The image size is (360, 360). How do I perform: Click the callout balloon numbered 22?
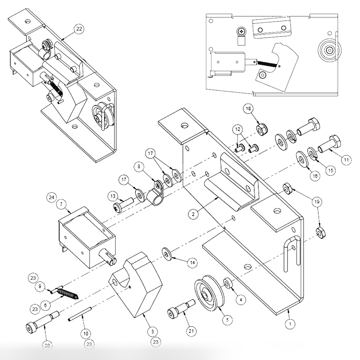click(x=79, y=29)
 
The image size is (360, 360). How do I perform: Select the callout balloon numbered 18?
click(x=248, y=108)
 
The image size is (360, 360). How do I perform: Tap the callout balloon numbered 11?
click(x=347, y=160)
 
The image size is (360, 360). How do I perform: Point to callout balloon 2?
click(x=193, y=214)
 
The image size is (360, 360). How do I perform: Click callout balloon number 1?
click(x=290, y=324)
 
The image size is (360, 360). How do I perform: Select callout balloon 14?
click(x=192, y=263)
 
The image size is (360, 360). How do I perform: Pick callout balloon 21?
click(x=191, y=331)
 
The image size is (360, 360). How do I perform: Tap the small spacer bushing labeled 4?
click(x=229, y=283)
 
